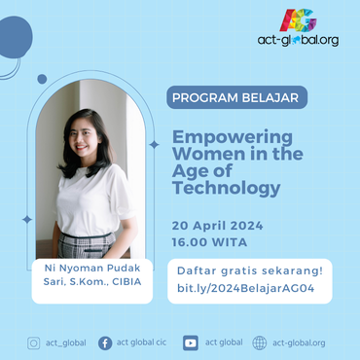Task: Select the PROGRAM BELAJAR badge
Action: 237,97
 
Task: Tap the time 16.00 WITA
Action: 209,241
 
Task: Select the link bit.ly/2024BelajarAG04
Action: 248,287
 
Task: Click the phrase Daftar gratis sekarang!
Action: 250,269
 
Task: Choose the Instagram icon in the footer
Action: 34,342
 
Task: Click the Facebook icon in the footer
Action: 105,342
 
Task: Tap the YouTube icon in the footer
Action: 191,342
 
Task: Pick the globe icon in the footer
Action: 260,342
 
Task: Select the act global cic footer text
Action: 143,342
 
